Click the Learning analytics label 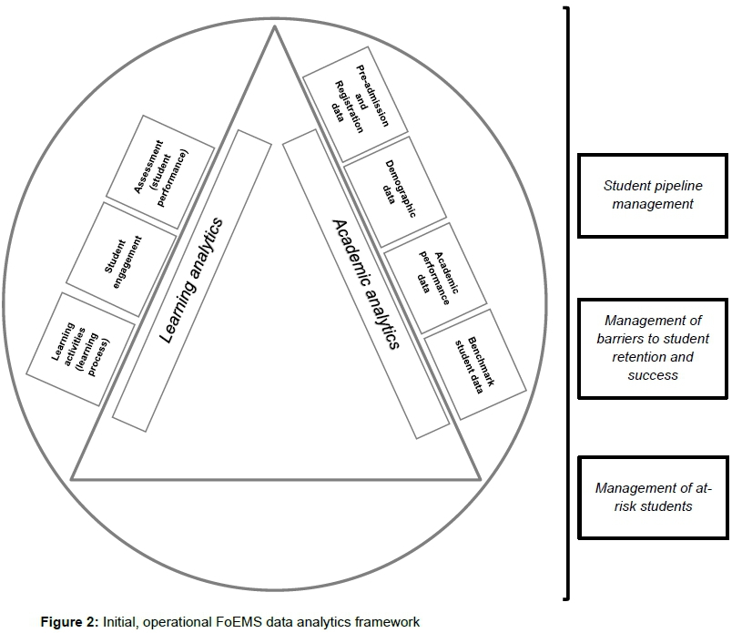(x=192, y=281)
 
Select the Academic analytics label (x=365, y=283)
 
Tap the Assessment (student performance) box (x=161, y=170)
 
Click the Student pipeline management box (x=653, y=195)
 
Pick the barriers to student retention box (x=653, y=347)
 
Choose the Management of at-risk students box (x=653, y=497)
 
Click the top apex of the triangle (x=274, y=28)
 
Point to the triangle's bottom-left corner (x=73, y=478)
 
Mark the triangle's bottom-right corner (x=478, y=478)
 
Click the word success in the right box (x=653, y=374)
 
